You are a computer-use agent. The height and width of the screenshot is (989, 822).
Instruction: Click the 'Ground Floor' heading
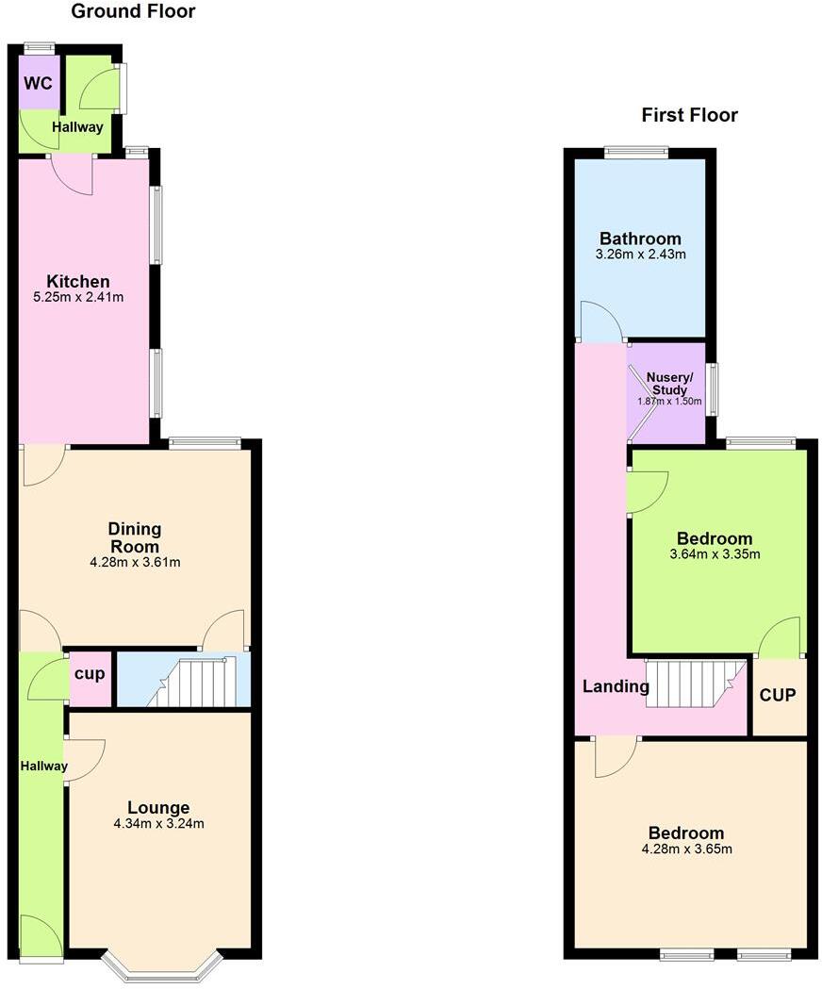click(x=134, y=12)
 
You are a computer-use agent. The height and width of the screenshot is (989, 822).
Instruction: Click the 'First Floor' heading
click(x=689, y=115)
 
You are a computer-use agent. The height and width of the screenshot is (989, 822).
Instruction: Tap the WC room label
click(x=39, y=82)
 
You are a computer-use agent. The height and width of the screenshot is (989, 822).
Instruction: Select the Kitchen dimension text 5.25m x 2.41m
click(x=79, y=297)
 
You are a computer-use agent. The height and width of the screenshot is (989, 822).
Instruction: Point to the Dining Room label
click(x=133, y=537)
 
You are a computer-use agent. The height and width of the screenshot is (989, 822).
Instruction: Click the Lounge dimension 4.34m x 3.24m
click(x=159, y=823)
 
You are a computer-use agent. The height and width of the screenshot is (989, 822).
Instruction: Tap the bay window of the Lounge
click(x=162, y=967)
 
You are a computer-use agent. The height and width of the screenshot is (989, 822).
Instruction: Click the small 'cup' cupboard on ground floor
click(x=90, y=676)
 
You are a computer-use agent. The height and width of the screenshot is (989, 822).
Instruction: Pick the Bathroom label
click(x=640, y=239)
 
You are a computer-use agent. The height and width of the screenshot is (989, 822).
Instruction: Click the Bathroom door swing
click(x=600, y=322)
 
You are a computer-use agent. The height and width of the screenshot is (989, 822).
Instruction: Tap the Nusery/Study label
click(x=669, y=384)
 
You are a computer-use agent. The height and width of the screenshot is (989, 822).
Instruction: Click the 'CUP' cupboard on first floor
click(x=778, y=696)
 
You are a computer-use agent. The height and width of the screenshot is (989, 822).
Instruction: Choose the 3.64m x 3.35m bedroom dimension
click(x=715, y=554)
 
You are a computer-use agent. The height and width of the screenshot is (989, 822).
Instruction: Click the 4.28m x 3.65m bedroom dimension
click(x=686, y=849)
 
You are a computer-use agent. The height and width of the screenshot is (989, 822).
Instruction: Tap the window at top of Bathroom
click(x=636, y=151)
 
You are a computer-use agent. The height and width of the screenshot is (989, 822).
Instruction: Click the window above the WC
click(x=40, y=47)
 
